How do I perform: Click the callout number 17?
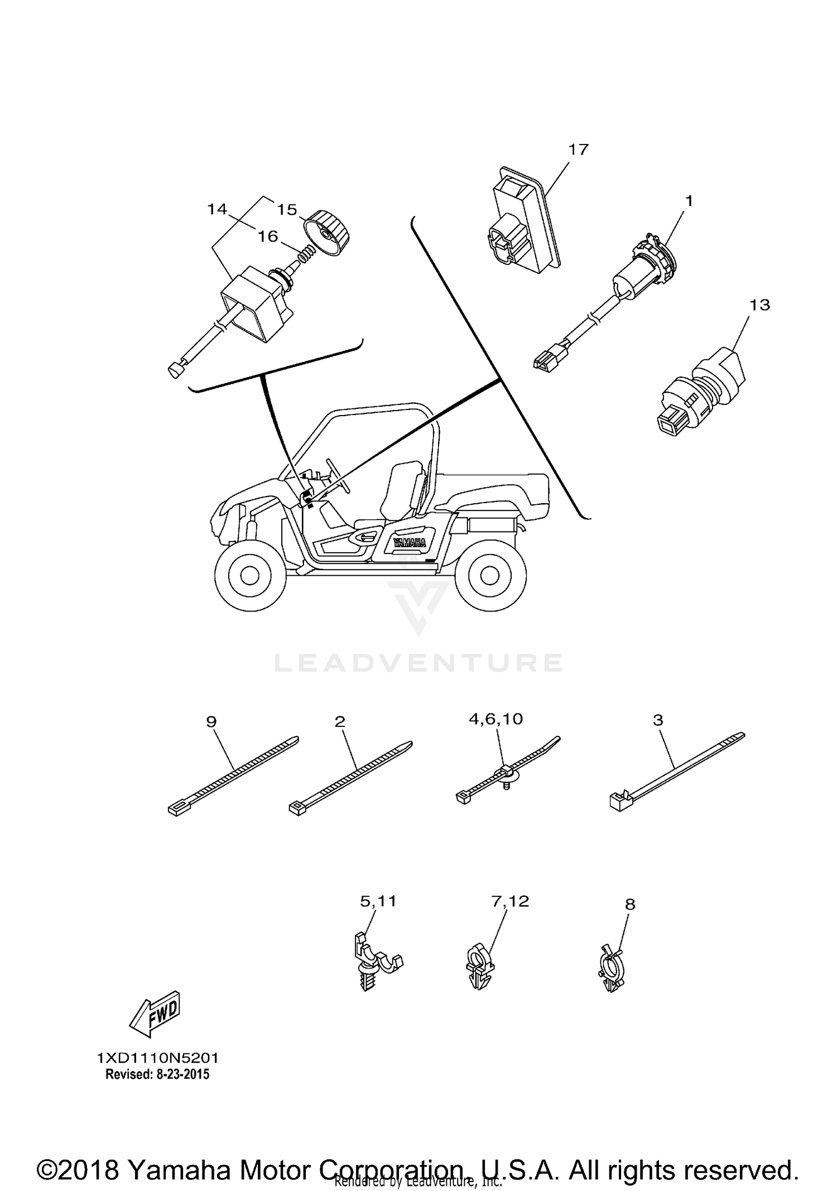pos(579,150)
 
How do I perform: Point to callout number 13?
pos(759,305)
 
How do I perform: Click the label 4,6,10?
pos(496,719)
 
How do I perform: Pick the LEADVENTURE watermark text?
pos(419,663)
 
